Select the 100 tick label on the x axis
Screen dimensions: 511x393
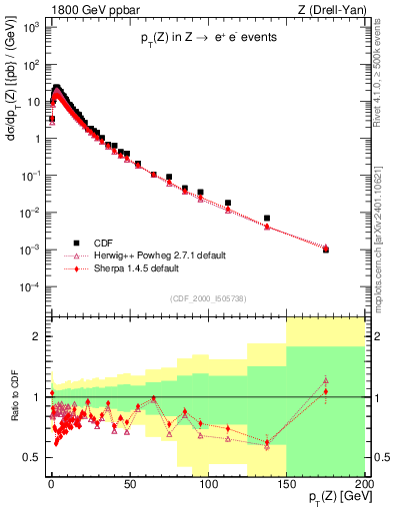[208, 484]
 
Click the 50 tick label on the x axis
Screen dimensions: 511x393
[129, 484]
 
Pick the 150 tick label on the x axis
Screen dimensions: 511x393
[286, 484]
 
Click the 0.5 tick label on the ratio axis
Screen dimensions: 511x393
[32, 457]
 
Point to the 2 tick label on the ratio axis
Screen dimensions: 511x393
[38, 336]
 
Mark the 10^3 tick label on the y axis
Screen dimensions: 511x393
[30, 27]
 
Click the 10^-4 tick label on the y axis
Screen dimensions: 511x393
[30, 287]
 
